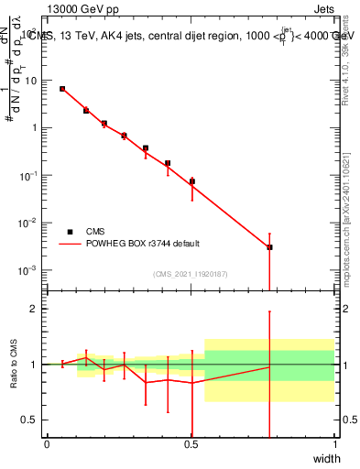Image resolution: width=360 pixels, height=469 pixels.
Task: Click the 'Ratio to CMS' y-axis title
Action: pos(13,365)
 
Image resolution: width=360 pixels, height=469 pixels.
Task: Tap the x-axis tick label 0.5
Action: pos(191,444)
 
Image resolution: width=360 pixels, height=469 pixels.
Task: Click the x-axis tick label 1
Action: pos(334,444)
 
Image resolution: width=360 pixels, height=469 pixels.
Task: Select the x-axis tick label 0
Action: pos(47,444)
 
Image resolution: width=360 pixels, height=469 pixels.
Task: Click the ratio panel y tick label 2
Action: pos(33,310)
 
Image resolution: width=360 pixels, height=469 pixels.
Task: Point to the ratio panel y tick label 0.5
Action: pos(29,420)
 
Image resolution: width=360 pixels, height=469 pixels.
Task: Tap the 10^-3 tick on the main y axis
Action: pos(28,270)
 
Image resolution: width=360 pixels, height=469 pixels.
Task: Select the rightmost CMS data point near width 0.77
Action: pos(269,247)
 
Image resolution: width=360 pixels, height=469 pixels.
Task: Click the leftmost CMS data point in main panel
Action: pos(62,89)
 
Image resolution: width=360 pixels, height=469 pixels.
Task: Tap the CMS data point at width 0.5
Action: pos(191,181)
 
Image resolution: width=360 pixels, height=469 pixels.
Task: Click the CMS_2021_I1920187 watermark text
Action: pos(191,274)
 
